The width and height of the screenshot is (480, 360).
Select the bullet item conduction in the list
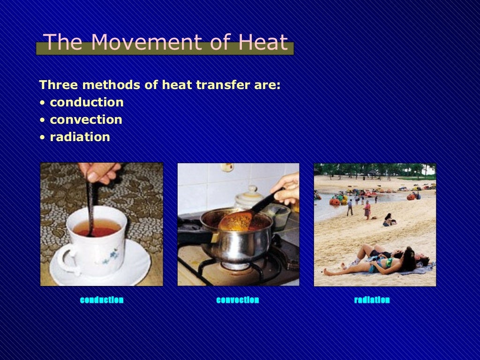click(86, 102)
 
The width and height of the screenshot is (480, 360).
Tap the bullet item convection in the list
click(86, 120)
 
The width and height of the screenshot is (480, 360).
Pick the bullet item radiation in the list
click(80, 137)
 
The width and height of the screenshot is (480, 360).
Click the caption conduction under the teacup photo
click(102, 300)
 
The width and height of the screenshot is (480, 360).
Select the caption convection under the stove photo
click(238, 300)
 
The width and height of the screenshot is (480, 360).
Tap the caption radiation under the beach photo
click(372, 300)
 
